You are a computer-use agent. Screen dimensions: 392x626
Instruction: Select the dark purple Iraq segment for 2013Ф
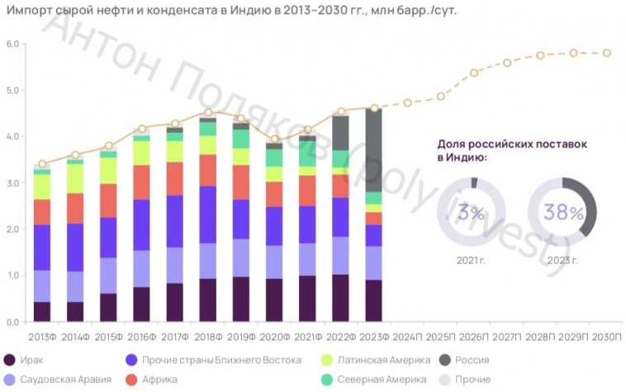click(42, 311)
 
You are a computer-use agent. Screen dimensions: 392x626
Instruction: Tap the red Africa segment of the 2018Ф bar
click(208, 170)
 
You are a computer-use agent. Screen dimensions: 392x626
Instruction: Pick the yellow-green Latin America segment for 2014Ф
click(75, 178)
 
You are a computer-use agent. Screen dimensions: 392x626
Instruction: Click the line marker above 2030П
click(607, 53)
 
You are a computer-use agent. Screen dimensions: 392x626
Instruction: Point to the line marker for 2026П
click(474, 73)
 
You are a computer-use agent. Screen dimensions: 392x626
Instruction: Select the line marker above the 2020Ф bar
click(275, 139)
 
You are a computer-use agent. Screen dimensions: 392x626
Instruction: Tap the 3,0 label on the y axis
click(12, 183)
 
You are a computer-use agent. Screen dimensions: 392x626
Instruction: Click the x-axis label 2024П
click(407, 338)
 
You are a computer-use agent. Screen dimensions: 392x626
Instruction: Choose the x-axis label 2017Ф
click(175, 338)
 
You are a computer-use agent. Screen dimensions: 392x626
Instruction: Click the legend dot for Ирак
click(10, 360)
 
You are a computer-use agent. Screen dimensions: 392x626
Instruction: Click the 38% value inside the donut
click(562, 212)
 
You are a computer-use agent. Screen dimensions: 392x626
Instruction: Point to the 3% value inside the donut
click(472, 213)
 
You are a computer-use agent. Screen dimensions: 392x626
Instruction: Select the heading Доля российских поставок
click(512, 144)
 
